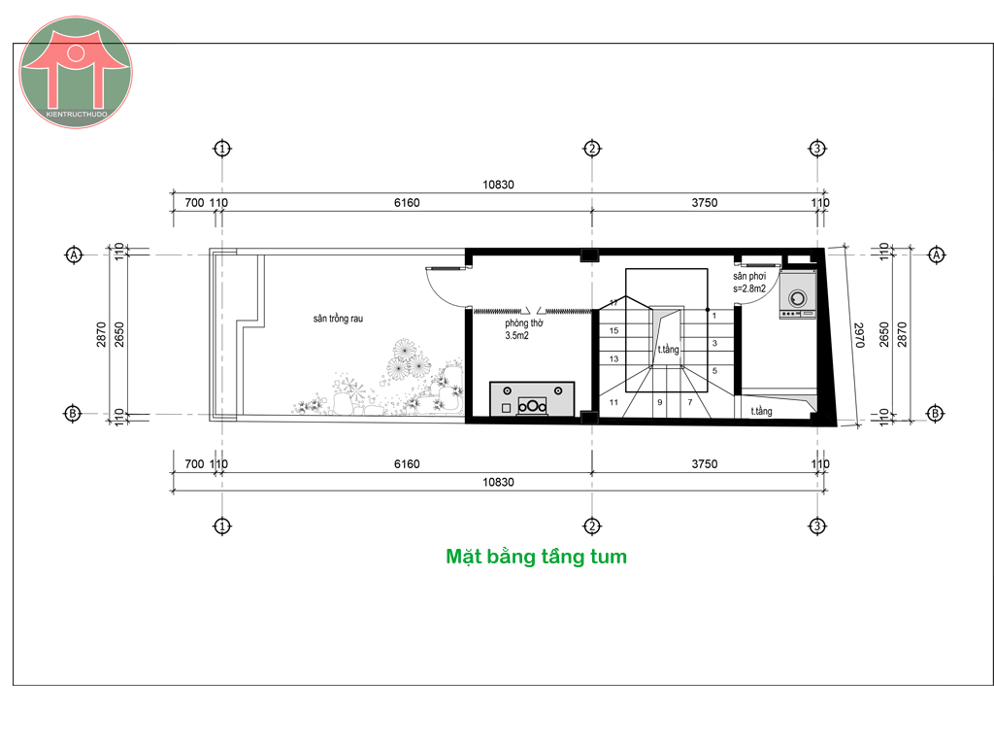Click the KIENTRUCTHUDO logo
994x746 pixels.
(76, 72)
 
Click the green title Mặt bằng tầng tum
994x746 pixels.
(536, 557)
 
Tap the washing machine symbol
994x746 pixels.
(798, 295)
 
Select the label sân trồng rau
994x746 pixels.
(338, 319)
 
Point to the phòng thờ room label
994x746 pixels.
(523, 322)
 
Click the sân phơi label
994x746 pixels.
(749, 276)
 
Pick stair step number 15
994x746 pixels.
(613, 330)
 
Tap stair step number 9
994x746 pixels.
(660, 402)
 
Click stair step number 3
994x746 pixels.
(714, 343)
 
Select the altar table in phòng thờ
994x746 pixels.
(532, 398)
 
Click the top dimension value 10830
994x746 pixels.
(498, 185)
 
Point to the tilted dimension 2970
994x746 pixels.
(859, 335)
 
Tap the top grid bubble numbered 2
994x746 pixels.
(592, 149)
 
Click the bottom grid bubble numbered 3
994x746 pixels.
(817, 526)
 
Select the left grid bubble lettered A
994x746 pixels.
(74, 255)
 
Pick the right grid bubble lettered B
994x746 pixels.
(936, 414)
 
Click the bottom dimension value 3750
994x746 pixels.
(705, 463)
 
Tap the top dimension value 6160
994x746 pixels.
(407, 202)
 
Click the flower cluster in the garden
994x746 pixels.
(410, 359)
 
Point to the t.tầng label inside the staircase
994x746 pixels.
(668, 349)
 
